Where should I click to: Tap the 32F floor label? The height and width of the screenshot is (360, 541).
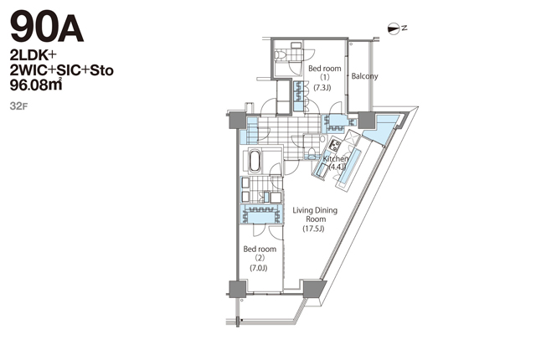point(18,106)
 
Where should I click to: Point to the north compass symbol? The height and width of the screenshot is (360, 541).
point(396,28)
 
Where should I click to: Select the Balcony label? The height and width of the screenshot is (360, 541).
point(364,76)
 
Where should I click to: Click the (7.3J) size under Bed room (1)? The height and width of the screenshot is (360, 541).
point(322,87)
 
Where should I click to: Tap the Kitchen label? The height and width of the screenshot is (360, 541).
point(336,157)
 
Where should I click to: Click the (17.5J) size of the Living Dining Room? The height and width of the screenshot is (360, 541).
point(313,229)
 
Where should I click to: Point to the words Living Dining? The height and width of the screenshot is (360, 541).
point(314,211)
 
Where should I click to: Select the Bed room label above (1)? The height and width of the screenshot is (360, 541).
point(323,69)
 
